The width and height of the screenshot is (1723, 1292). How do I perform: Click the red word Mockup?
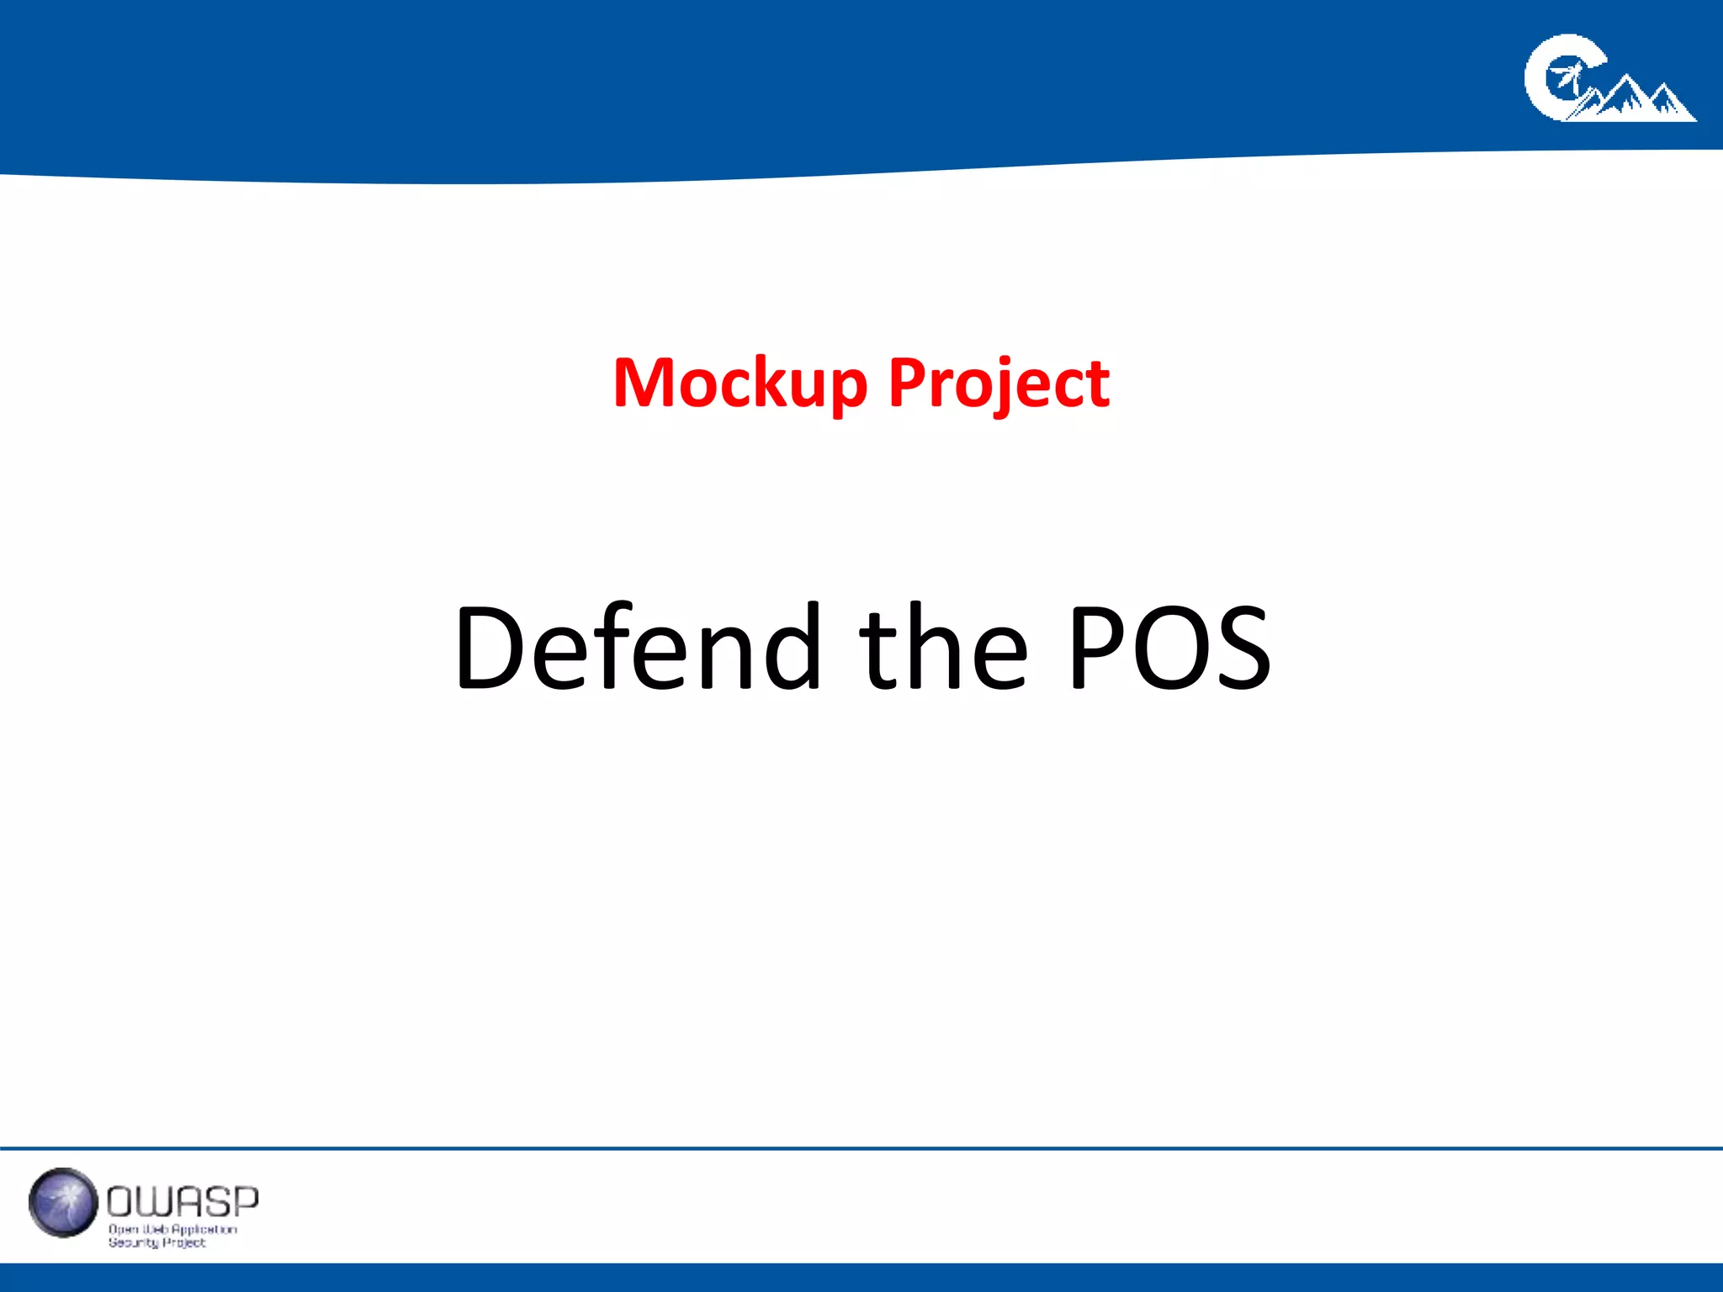(740, 384)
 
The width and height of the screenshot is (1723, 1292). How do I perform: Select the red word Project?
(999, 384)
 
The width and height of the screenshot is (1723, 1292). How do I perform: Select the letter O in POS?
(1169, 648)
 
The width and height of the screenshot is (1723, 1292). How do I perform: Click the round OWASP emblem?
(63, 1202)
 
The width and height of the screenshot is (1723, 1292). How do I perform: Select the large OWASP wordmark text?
(183, 1202)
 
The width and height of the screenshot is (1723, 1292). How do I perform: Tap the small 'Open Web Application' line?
(172, 1229)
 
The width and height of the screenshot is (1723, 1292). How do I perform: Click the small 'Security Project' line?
(156, 1242)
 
